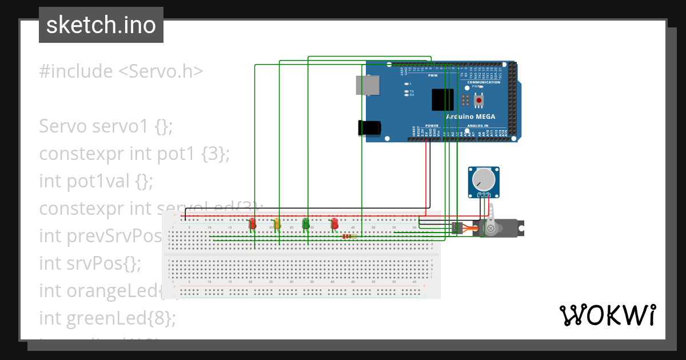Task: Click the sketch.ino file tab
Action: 101,25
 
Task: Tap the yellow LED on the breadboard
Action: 277,223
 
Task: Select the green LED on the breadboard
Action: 306,223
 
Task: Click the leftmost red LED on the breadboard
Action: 252,223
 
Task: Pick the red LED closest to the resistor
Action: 334,223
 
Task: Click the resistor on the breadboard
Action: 348,236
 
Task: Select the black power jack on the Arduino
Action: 369,127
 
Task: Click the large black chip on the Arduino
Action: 443,99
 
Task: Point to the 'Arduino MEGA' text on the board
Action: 470,117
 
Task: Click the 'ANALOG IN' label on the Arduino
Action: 478,125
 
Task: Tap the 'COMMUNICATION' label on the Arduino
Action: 484,82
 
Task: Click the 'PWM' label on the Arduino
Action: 425,75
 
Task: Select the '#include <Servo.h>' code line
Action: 121,71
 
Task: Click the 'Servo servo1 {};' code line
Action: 105,126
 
